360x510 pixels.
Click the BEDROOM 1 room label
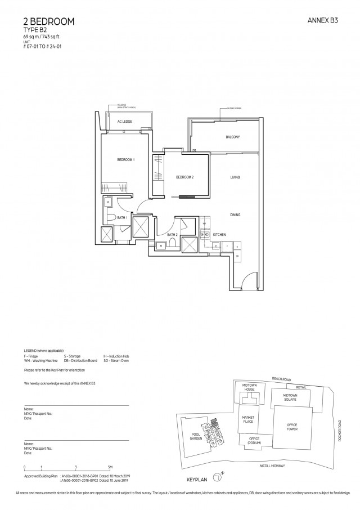click(x=125, y=160)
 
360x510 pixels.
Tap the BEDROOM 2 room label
click(x=184, y=177)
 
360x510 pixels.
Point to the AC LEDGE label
click(x=124, y=122)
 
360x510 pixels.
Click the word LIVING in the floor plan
click(x=235, y=177)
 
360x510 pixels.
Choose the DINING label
click(x=235, y=214)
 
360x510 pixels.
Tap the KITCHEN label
click(x=219, y=233)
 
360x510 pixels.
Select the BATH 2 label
click(x=172, y=234)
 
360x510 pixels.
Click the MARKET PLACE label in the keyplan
click(x=248, y=419)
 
